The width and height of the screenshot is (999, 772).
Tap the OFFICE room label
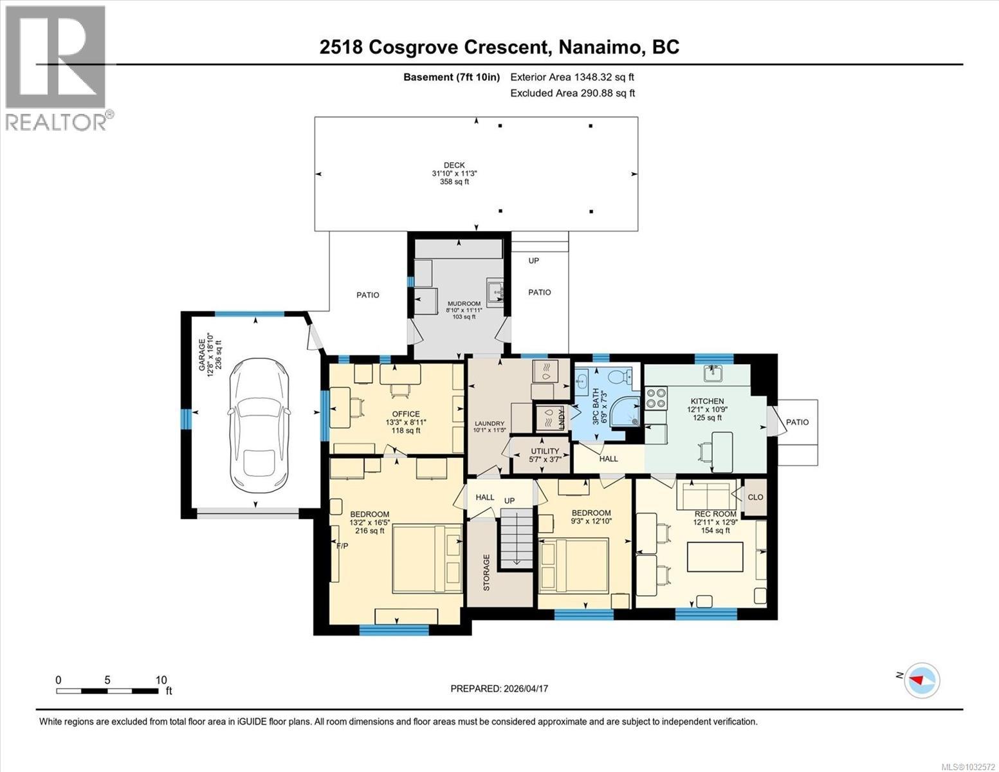tap(406, 414)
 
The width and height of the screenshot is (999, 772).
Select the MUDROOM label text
tap(464, 304)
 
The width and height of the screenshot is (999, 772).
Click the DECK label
tap(454, 165)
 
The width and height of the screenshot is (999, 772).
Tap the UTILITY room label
tap(545, 451)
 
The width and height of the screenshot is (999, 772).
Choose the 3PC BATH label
tap(595, 406)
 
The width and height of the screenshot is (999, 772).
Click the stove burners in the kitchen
tap(656, 398)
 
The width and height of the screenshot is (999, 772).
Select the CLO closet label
tap(755, 497)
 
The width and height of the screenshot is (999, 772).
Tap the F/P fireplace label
tap(342, 546)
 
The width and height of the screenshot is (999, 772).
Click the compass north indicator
tap(922, 679)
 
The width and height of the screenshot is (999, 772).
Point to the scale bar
tap(107, 691)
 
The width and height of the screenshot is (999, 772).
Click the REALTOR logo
tap(57, 68)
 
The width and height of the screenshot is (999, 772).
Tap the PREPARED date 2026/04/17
tap(499, 688)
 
